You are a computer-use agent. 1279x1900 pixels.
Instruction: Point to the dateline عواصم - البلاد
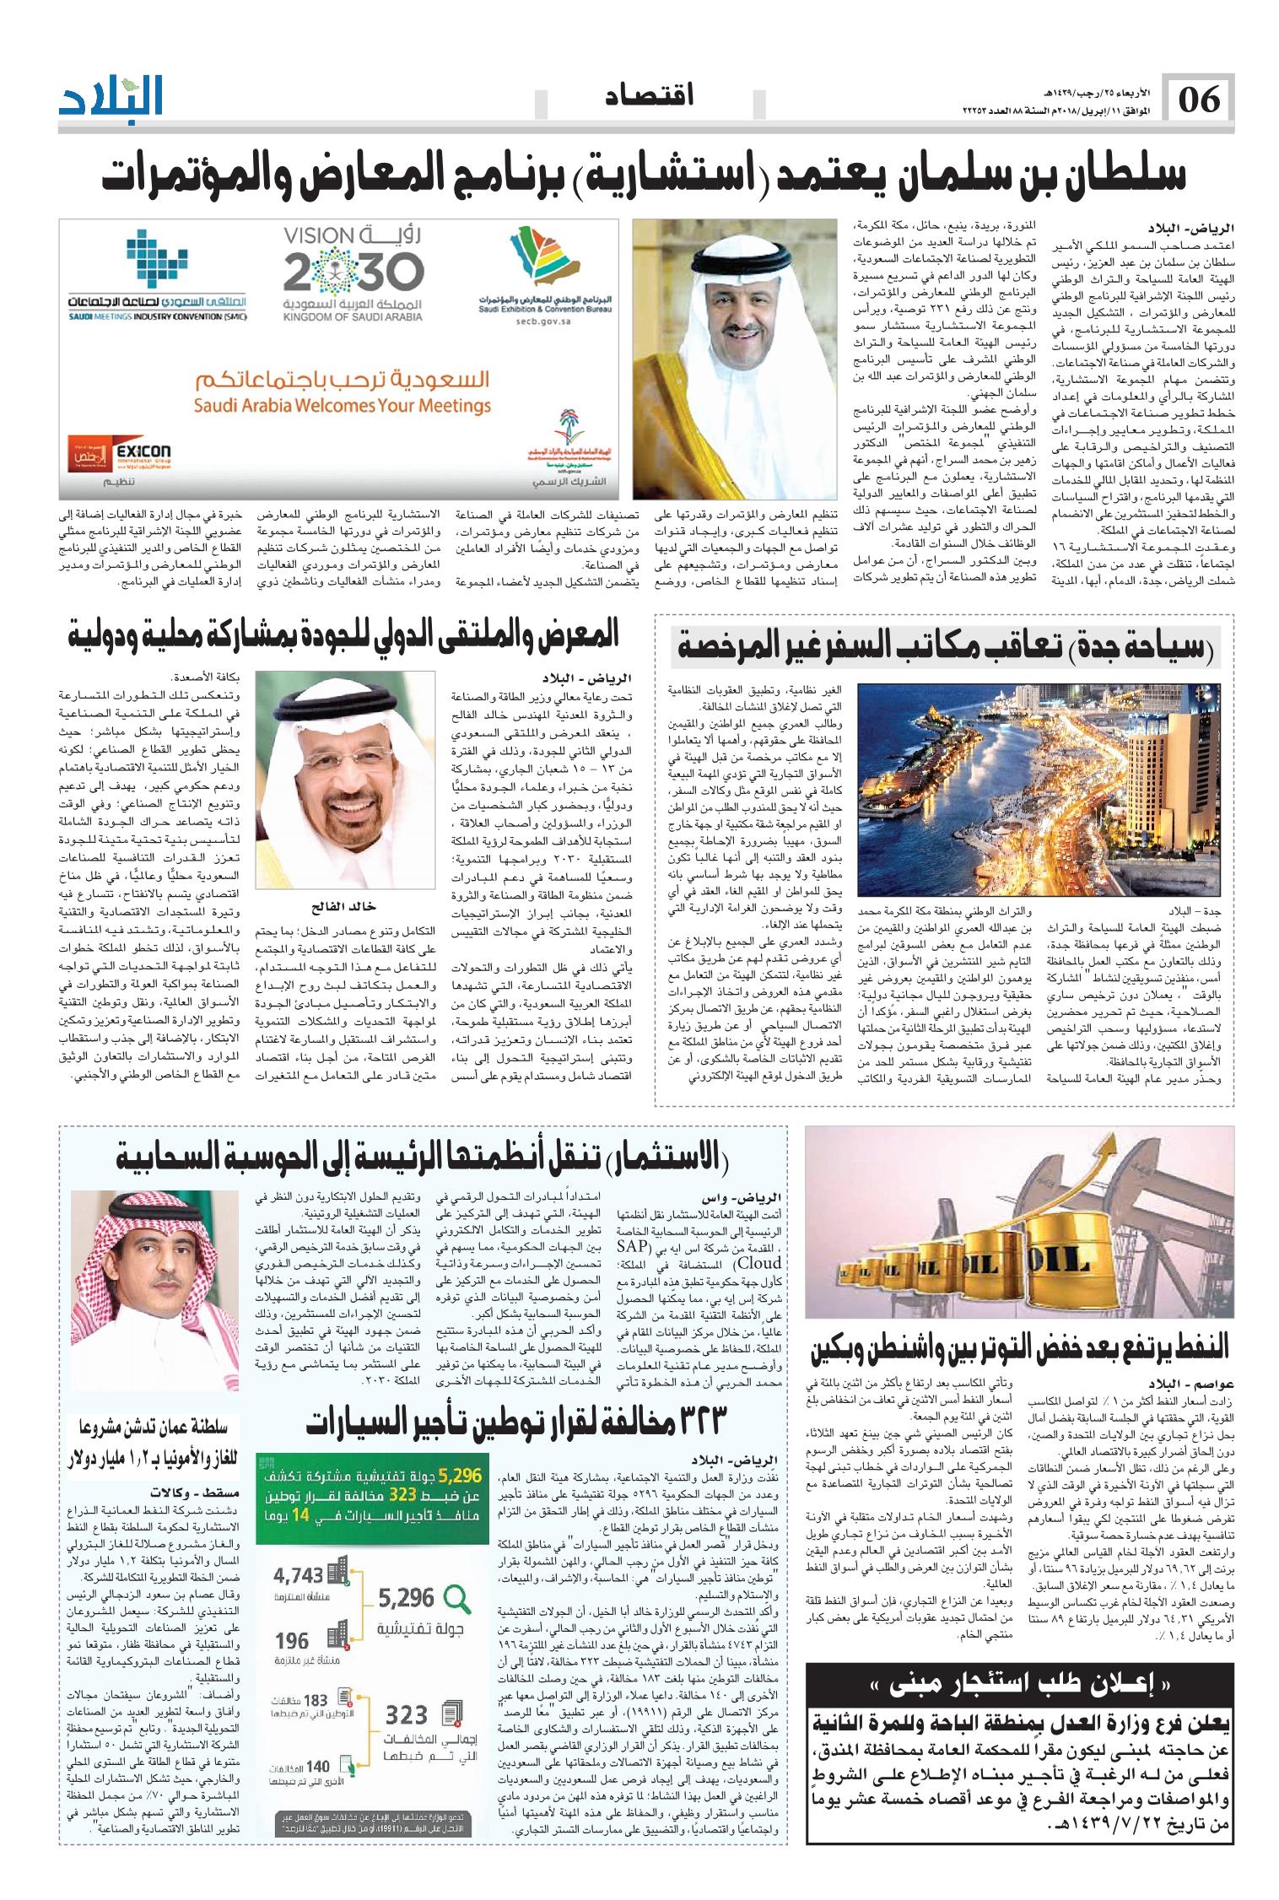tap(1185, 1385)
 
